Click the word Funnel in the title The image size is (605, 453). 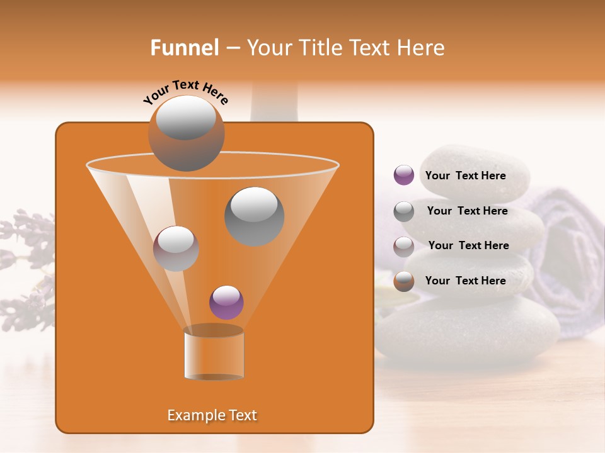point(184,48)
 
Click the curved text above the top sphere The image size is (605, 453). point(186,91)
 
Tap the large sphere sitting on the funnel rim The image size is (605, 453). point(186,133)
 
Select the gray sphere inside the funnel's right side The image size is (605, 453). point(254,216)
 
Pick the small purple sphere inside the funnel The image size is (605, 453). point(226,303)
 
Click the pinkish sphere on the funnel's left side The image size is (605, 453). point(176,249)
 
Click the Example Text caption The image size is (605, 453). point(212,415)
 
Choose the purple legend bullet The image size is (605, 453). point(403,176)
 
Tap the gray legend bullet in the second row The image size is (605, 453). point(403,211)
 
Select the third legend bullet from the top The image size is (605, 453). point(403,246)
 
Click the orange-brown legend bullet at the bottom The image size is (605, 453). point(403,281)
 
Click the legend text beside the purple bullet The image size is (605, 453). point(465,176)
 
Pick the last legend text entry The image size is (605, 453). point(465,281)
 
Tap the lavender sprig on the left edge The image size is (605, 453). point(25,264)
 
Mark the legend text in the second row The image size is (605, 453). point(467,211)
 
